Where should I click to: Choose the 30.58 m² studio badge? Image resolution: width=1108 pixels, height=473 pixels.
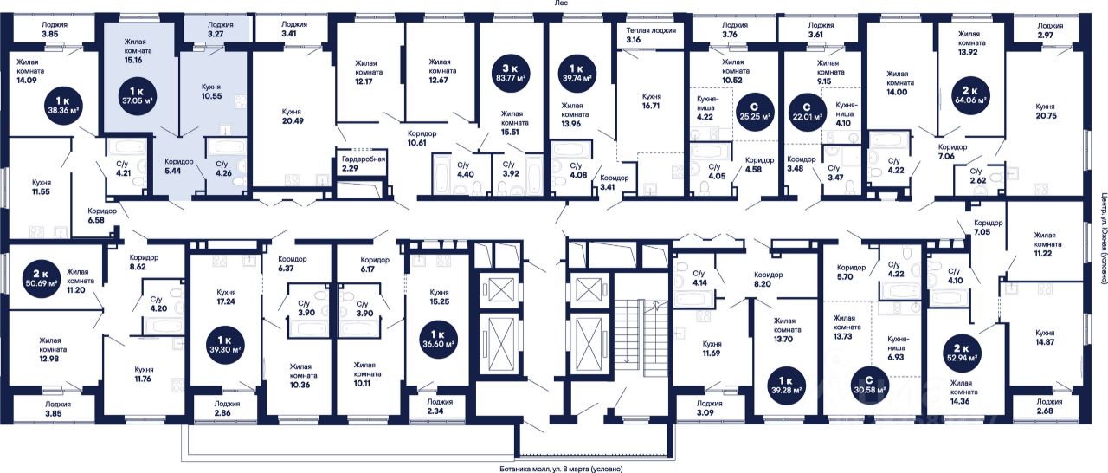pos(870,384)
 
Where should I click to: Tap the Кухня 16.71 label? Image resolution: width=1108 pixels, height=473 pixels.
pos(652,101)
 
